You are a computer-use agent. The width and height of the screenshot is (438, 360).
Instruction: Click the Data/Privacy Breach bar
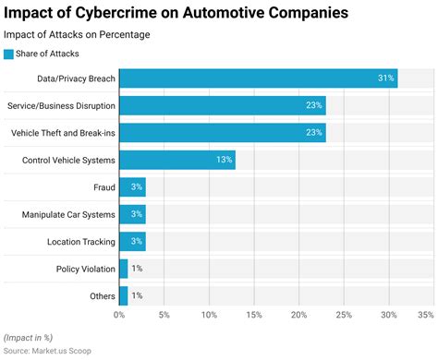pos(259,78)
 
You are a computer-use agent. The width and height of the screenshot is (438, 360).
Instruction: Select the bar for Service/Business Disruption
pos(222,105)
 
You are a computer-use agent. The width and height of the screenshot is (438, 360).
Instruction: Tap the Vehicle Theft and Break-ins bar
pos(222,133)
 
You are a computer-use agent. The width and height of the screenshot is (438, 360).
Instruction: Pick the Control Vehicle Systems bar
pos(176,160)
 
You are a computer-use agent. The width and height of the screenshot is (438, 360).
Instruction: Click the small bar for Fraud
pos(132,187)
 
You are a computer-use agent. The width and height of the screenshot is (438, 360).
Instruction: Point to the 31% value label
pos(385,78)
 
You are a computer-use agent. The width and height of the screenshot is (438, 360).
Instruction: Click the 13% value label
pos(223,160)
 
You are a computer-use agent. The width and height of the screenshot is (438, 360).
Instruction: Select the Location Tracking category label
pos(80,242)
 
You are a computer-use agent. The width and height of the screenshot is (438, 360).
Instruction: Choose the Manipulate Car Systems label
pos(68,214)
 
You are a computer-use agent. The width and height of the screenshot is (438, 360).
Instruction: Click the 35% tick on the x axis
pos(424,316)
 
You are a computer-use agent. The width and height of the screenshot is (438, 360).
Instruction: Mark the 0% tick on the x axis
pos(119,316)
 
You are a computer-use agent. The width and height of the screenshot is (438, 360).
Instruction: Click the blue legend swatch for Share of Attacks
pos(9,54)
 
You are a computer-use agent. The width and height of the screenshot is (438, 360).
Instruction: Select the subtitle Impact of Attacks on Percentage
pos(77,35)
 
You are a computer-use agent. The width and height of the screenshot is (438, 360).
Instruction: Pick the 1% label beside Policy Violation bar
pos(137,269)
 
